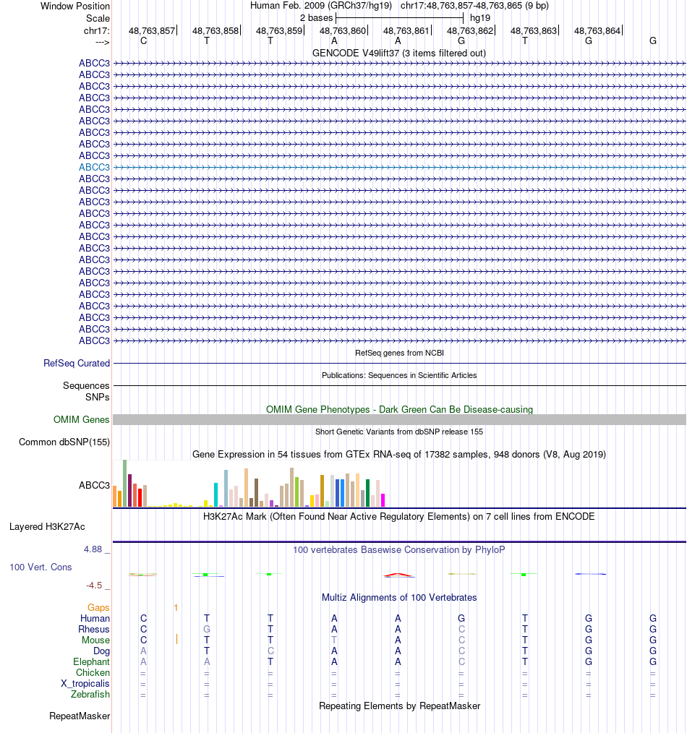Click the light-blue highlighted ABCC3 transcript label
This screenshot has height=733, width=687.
point(94,167)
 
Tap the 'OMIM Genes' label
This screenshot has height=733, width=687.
point(82,419)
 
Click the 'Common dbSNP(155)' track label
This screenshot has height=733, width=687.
point(64,442)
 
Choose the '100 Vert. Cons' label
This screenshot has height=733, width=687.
point(40,567)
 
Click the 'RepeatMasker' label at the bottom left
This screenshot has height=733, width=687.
point(80,716)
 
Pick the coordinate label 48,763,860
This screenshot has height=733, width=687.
point(343,30)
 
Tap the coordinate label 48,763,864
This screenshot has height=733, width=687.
point(597,30)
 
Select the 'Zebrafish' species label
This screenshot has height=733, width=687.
point(90,695)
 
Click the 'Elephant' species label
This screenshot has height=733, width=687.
point(91,661)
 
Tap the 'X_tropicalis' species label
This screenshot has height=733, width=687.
point(85,684)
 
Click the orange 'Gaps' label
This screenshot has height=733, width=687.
point(98,608)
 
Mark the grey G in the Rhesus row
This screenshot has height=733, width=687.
point(207,629)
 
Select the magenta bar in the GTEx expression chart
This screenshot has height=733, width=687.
point(383,500)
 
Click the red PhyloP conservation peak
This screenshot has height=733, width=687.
point(398,575)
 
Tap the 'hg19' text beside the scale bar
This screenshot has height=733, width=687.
point(480,17)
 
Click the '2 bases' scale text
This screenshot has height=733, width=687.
point(316,17)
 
